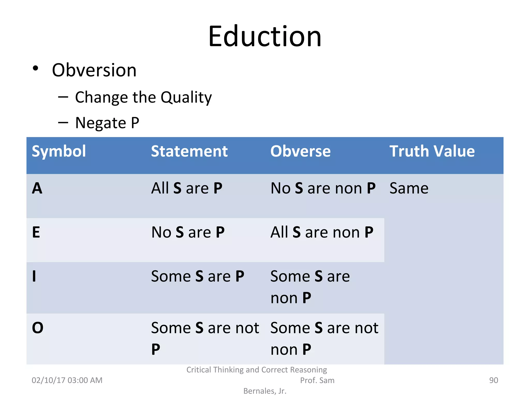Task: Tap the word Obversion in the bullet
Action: click(x=94, y=70)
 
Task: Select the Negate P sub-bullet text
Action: click(x=107, y=123)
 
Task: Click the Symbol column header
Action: click(x=59, y=151)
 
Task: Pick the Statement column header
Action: click(x=189, y=151)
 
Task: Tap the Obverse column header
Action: click(x=300, y=151)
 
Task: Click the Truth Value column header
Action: click(x=432, y=151)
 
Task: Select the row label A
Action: click(x=37, y=188)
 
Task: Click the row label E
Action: click(x=36, y=232)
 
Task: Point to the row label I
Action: click(x=34, y=276)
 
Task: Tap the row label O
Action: click(x=38, y=328)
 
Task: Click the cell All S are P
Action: click(x=187, y=188)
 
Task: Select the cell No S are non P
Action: click(x=323, y=188)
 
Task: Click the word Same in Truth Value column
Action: click(x=409, y=188)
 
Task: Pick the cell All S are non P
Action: click(x=322, y=232)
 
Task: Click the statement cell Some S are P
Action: click(x=197, y=276)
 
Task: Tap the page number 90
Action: click(x=493, y=380)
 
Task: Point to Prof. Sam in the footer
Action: click(x=317, y=380)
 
